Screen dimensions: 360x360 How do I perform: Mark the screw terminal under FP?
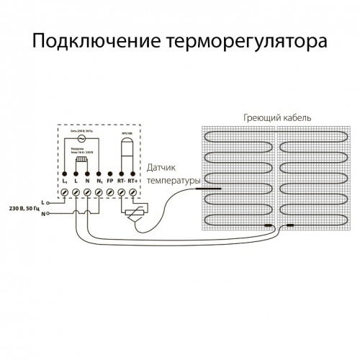pos(109,193)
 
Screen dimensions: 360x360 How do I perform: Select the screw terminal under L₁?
pos(66,193)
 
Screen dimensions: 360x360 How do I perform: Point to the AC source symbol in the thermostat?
pos(81,139)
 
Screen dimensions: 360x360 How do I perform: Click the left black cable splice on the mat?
pos(269,226)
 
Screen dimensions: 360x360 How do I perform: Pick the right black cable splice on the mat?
pos(290,226)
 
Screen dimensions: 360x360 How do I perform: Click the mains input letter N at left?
pos(44,214)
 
